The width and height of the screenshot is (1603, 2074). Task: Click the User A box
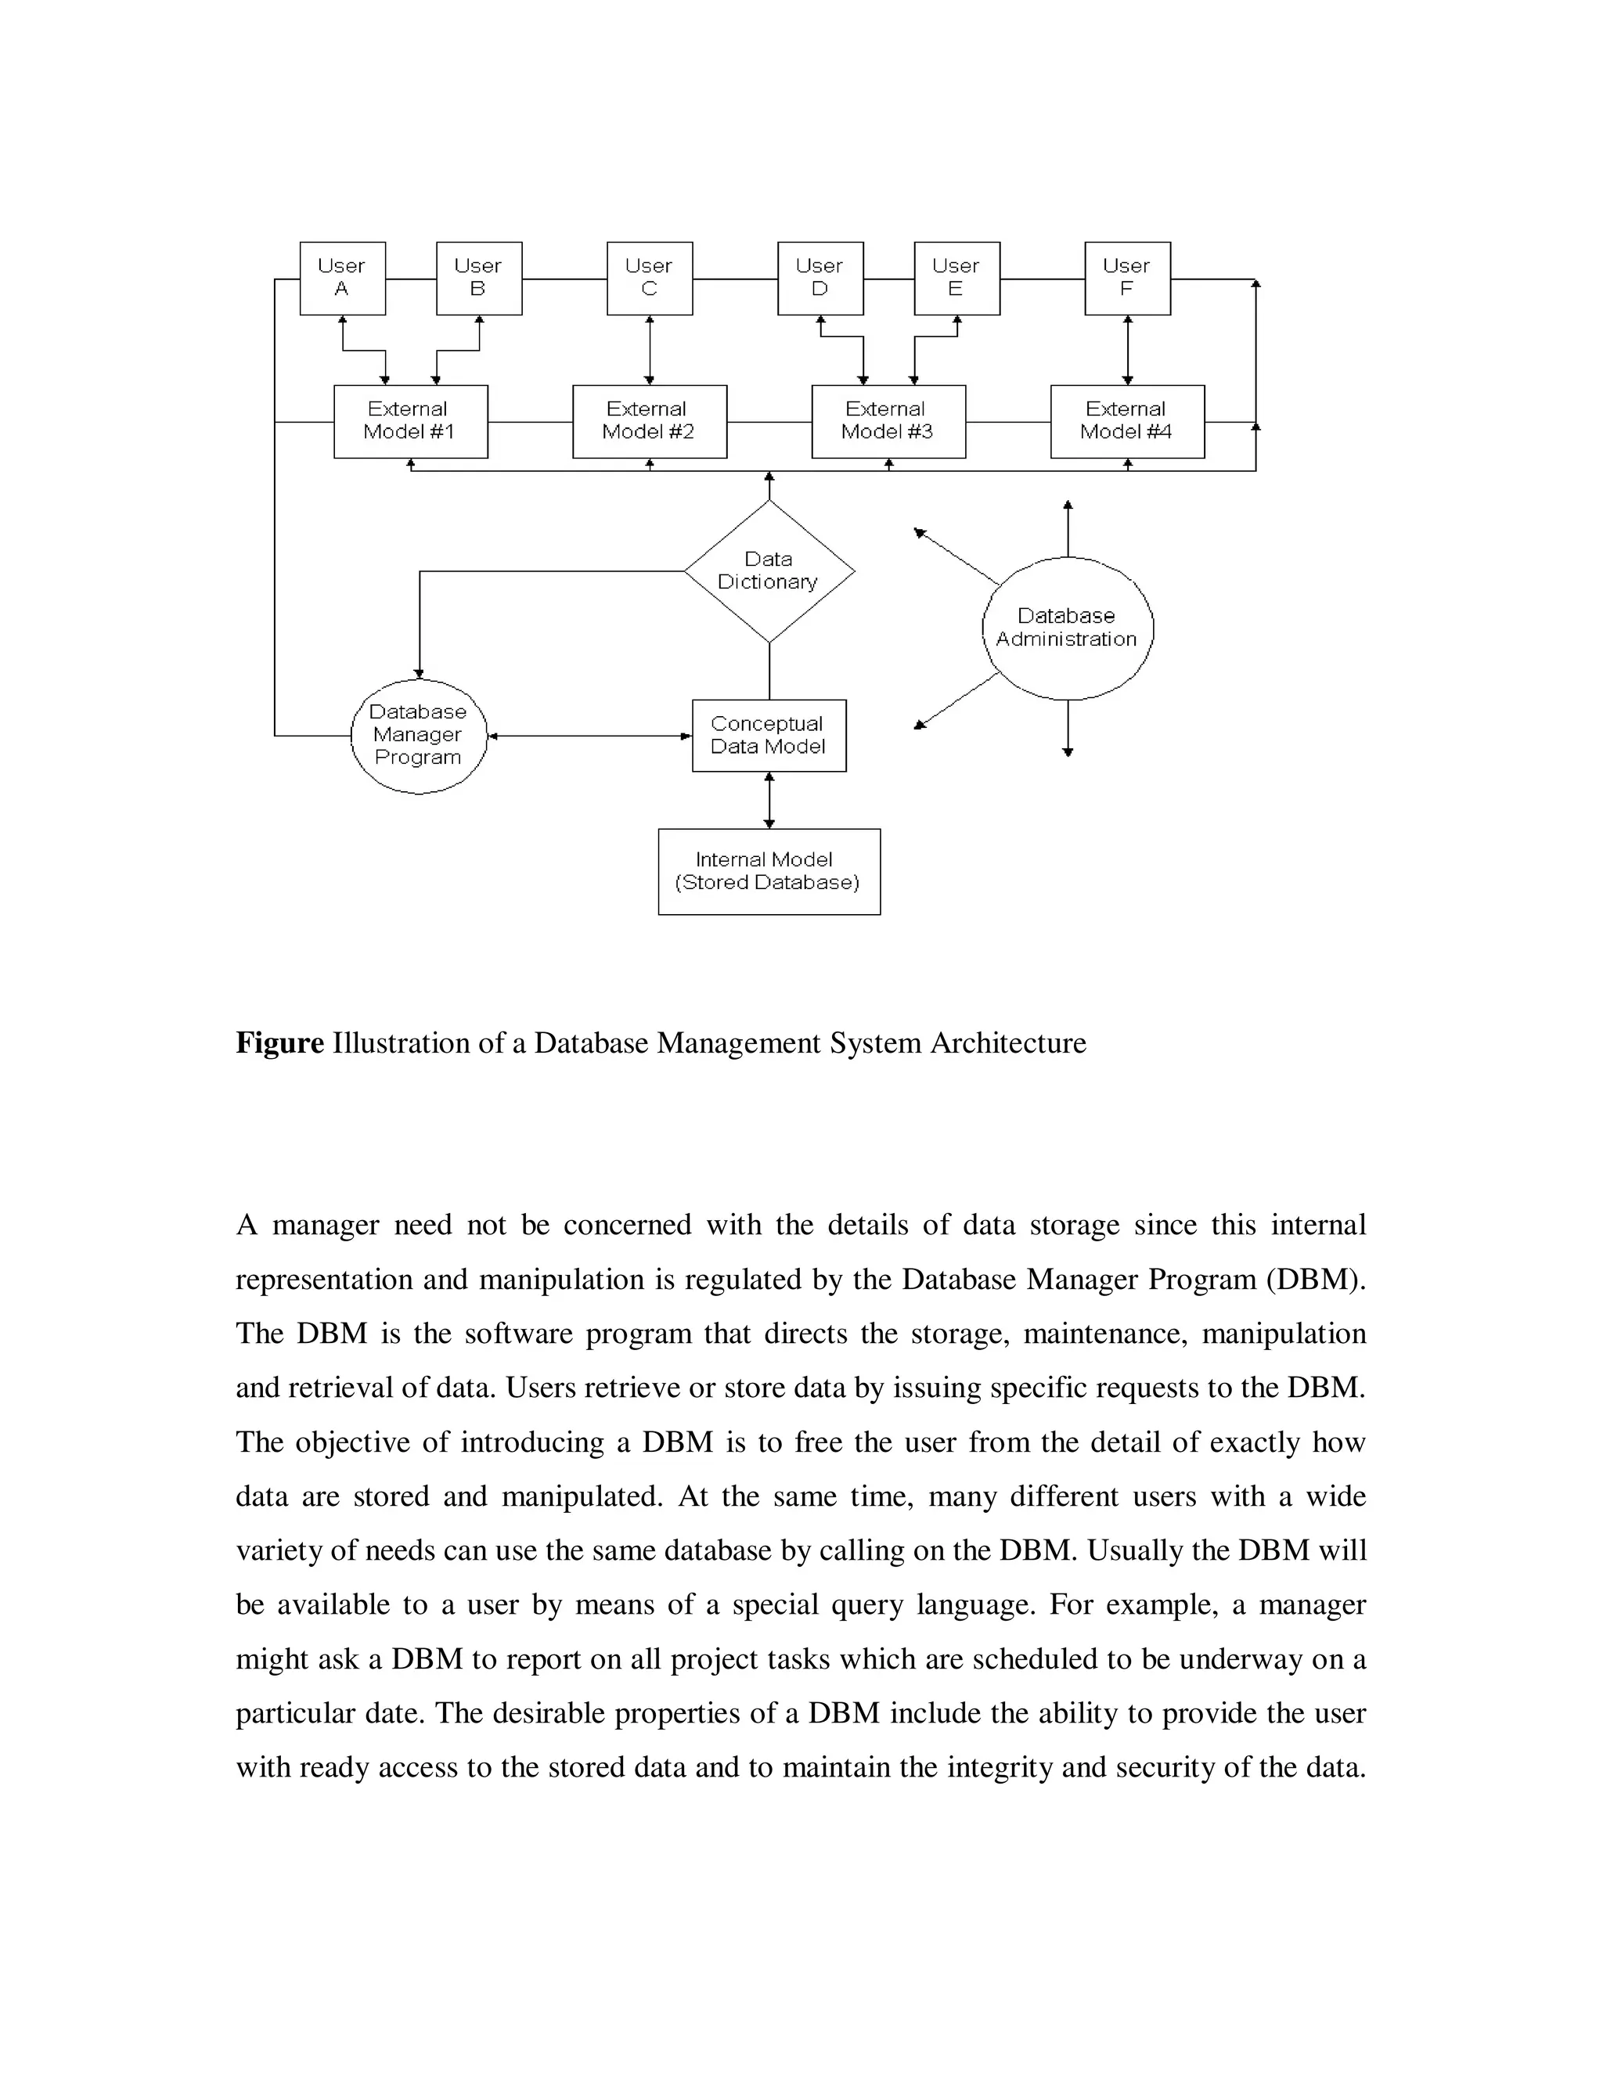342,279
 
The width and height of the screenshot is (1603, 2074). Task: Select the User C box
650,279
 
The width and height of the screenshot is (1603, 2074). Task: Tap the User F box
1127,279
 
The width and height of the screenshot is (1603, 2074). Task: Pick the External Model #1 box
410,421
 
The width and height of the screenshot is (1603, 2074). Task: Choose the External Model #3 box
888,421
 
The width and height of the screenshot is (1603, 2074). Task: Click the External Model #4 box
1127,421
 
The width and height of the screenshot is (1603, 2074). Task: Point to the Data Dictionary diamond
769,571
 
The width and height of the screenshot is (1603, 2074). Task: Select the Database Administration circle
1068,628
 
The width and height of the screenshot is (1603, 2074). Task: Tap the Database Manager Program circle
418,735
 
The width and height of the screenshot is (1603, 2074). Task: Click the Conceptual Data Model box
769,735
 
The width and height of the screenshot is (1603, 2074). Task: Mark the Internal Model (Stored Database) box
769,871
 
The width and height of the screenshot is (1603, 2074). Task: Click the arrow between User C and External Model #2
650,350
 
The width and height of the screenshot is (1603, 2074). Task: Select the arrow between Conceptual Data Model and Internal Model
769,800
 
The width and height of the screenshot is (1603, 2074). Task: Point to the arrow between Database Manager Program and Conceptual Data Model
589,736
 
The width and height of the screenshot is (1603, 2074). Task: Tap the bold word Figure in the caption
280,1042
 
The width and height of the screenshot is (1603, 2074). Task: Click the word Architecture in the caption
1007,1042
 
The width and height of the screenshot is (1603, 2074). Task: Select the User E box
956,279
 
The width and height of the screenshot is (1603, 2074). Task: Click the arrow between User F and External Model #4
1127,350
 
